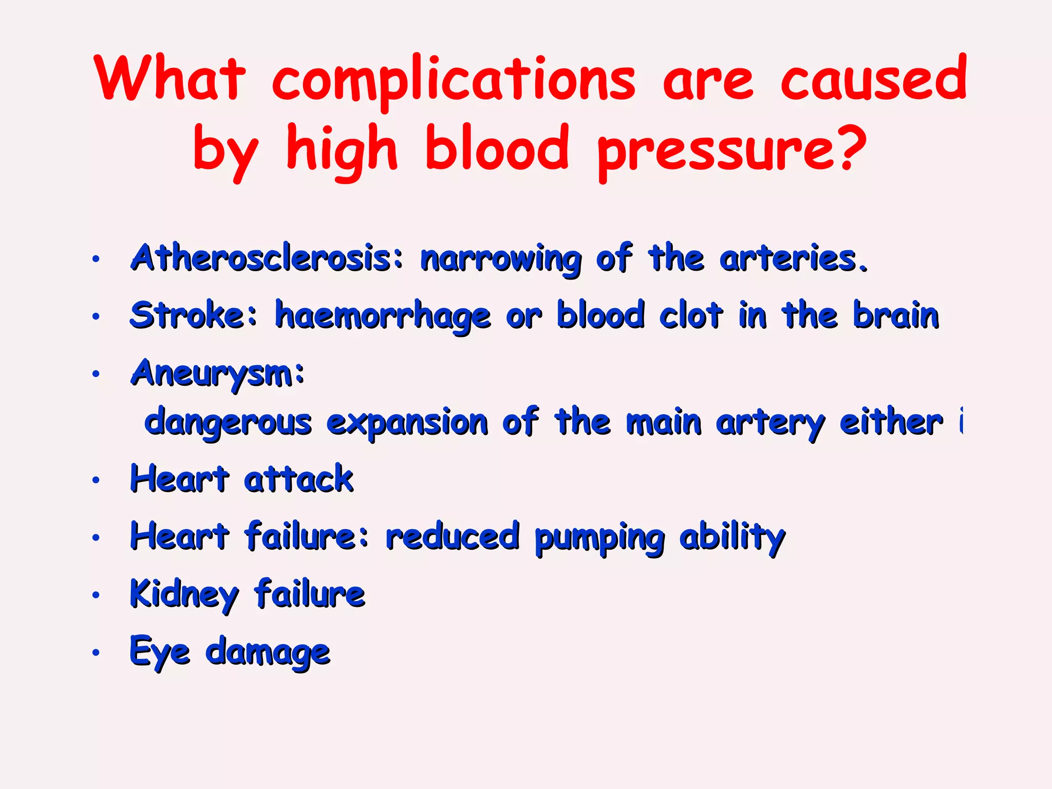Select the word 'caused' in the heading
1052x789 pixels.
coord(873,80)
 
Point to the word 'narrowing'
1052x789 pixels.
coord(501,260)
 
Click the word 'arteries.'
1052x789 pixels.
coord(794,259)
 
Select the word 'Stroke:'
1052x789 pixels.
coord(193,315)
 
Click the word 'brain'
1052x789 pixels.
coord(896,315)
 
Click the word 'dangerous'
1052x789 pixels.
coord(228,424)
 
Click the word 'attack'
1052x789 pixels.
coord(298,479)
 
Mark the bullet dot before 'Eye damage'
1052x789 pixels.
coord(96,653)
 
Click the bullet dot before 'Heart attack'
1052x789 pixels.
coord(96,480)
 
